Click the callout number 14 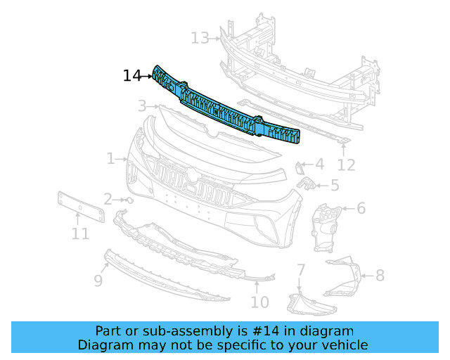tap(132, 75)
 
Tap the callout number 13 tap(200, 37)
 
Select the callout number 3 tap(142, 106)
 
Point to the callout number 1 tap(111, 159)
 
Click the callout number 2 tap(108, 199)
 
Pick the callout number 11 tap(80, 233)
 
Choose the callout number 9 tap(98, 280)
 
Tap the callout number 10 tap(259, 302)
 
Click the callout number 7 tap(301, 269)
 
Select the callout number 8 tap(380, 275)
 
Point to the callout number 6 tap(361, 208)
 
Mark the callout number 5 tap(334, 186)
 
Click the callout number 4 tap(319, 165)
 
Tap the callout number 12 tap(346, 165)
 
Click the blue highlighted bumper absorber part tap(225, 109)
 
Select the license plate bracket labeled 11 tap(80, 207)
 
